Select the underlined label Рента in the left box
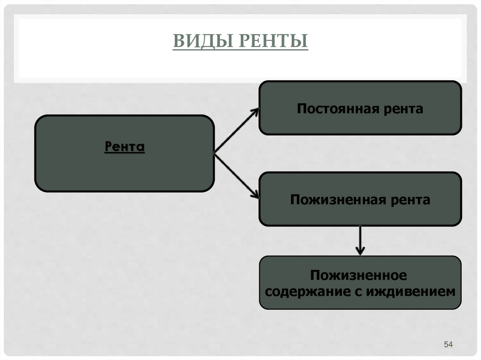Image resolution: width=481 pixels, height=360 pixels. click(x=124, y=147)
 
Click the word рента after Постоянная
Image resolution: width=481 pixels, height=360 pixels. click(x=403, y=109)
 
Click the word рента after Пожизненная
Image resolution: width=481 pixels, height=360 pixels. click(x=408, y=200)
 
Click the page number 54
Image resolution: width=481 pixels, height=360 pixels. click(x=448, y=345)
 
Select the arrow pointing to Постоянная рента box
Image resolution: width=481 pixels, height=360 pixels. click(x=236, y=131)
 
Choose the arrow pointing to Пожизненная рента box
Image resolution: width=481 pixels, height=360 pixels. click(x=236, y=176)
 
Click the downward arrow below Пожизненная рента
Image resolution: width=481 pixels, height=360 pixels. click(x=360, y=240)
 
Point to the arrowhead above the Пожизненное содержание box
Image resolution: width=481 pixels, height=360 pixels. click(x=360, y=251)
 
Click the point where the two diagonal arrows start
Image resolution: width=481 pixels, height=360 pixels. click(x=215, y=153)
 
